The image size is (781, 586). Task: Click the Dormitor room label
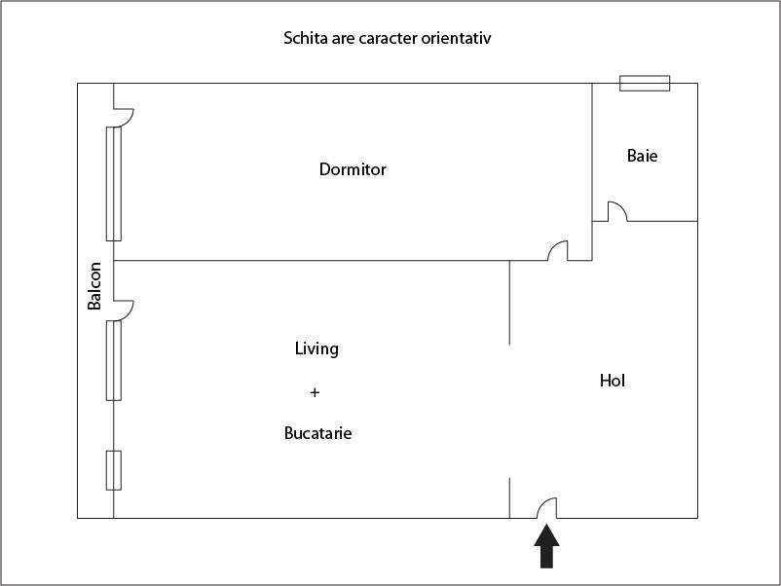(x=353, y=169)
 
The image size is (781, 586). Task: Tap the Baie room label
(x=642, y=156)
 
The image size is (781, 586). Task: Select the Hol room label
(x=612, y=381)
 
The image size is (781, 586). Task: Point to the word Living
(x=316, y=348)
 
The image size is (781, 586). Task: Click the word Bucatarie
(x=317, y=433)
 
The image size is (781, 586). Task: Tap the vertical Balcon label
(x=94, y=287)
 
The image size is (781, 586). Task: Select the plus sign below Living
(x=315, y=392)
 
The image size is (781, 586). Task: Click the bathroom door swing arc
(x=616, y=210)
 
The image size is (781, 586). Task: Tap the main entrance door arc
(x=546, y=507)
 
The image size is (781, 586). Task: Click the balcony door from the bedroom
(x=124, y=116)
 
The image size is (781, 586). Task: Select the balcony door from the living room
(x=124, y=309)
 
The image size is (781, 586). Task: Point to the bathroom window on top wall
(x=645, y=84)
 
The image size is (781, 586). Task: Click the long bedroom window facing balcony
(x=114, y=183)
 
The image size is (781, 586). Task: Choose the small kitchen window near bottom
(x=114, y=470)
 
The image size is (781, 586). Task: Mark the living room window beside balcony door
(x=114, y=359)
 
